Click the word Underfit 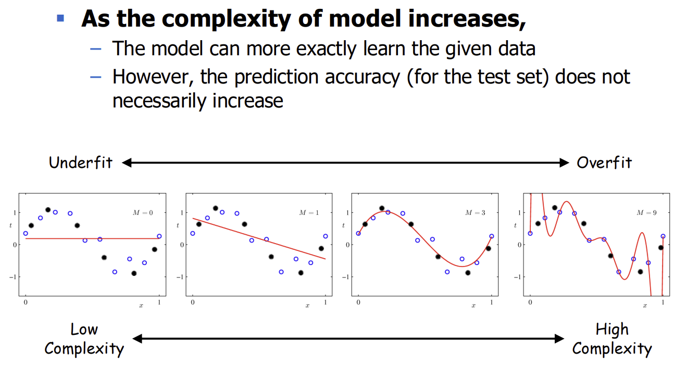[81, 163]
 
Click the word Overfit [604, 163]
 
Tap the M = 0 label [143, 213]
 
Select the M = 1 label [309, 213]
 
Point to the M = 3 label [475, 213]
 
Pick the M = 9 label [646, 213]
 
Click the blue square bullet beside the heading [60, 18]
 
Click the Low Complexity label [84, 339]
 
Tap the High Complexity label [612, 339]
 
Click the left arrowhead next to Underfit [127, 163]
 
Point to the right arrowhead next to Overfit [564, 163]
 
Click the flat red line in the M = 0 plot [92, 238]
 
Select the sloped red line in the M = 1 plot [259, 239]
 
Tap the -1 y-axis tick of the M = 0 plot [13, 277]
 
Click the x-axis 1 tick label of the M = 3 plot [492, 302]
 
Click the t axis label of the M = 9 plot [516, 225]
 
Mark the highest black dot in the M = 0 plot [48, 210]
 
